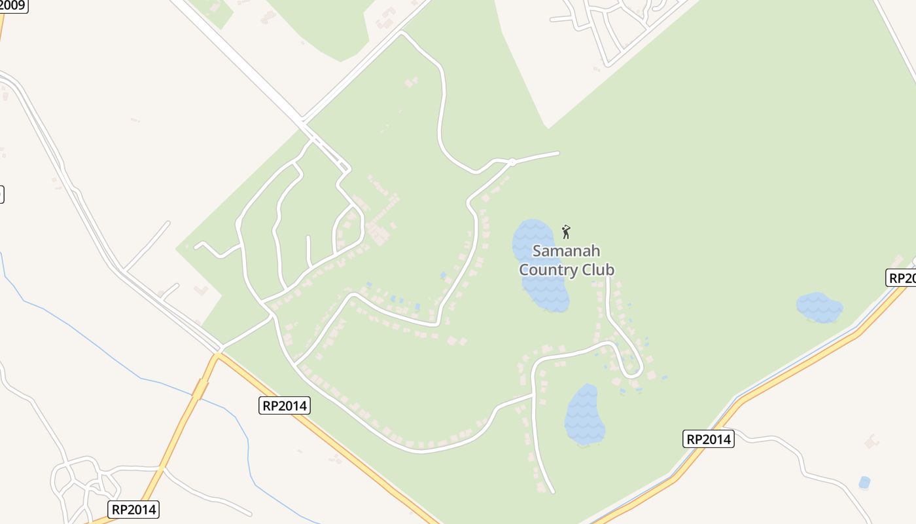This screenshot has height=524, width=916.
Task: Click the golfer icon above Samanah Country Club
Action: point(567,231)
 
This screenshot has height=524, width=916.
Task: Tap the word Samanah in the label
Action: point(566,251)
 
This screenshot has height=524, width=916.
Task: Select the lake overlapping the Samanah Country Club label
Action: point(540,265)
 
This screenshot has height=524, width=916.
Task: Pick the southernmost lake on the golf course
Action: point(584,415)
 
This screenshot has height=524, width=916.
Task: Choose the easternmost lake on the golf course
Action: point(819,307)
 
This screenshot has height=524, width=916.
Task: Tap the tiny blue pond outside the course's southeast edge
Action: point(864,483)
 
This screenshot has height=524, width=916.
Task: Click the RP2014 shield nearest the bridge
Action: point(284,405)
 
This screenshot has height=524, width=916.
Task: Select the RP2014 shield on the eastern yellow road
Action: point(709,439)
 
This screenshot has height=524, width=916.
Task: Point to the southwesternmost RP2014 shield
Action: point(133,510)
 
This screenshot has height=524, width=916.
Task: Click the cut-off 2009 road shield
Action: point(13,6)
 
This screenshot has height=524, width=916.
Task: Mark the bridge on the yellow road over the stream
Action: point(200,389)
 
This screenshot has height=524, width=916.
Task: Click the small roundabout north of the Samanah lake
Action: point(512,162)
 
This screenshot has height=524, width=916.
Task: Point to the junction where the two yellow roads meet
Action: point(217,356)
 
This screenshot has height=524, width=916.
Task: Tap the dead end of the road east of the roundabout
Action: point(558,153)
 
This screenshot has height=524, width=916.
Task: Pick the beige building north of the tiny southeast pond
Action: point(872,441)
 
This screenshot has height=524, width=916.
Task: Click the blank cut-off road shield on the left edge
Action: point(1,194)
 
